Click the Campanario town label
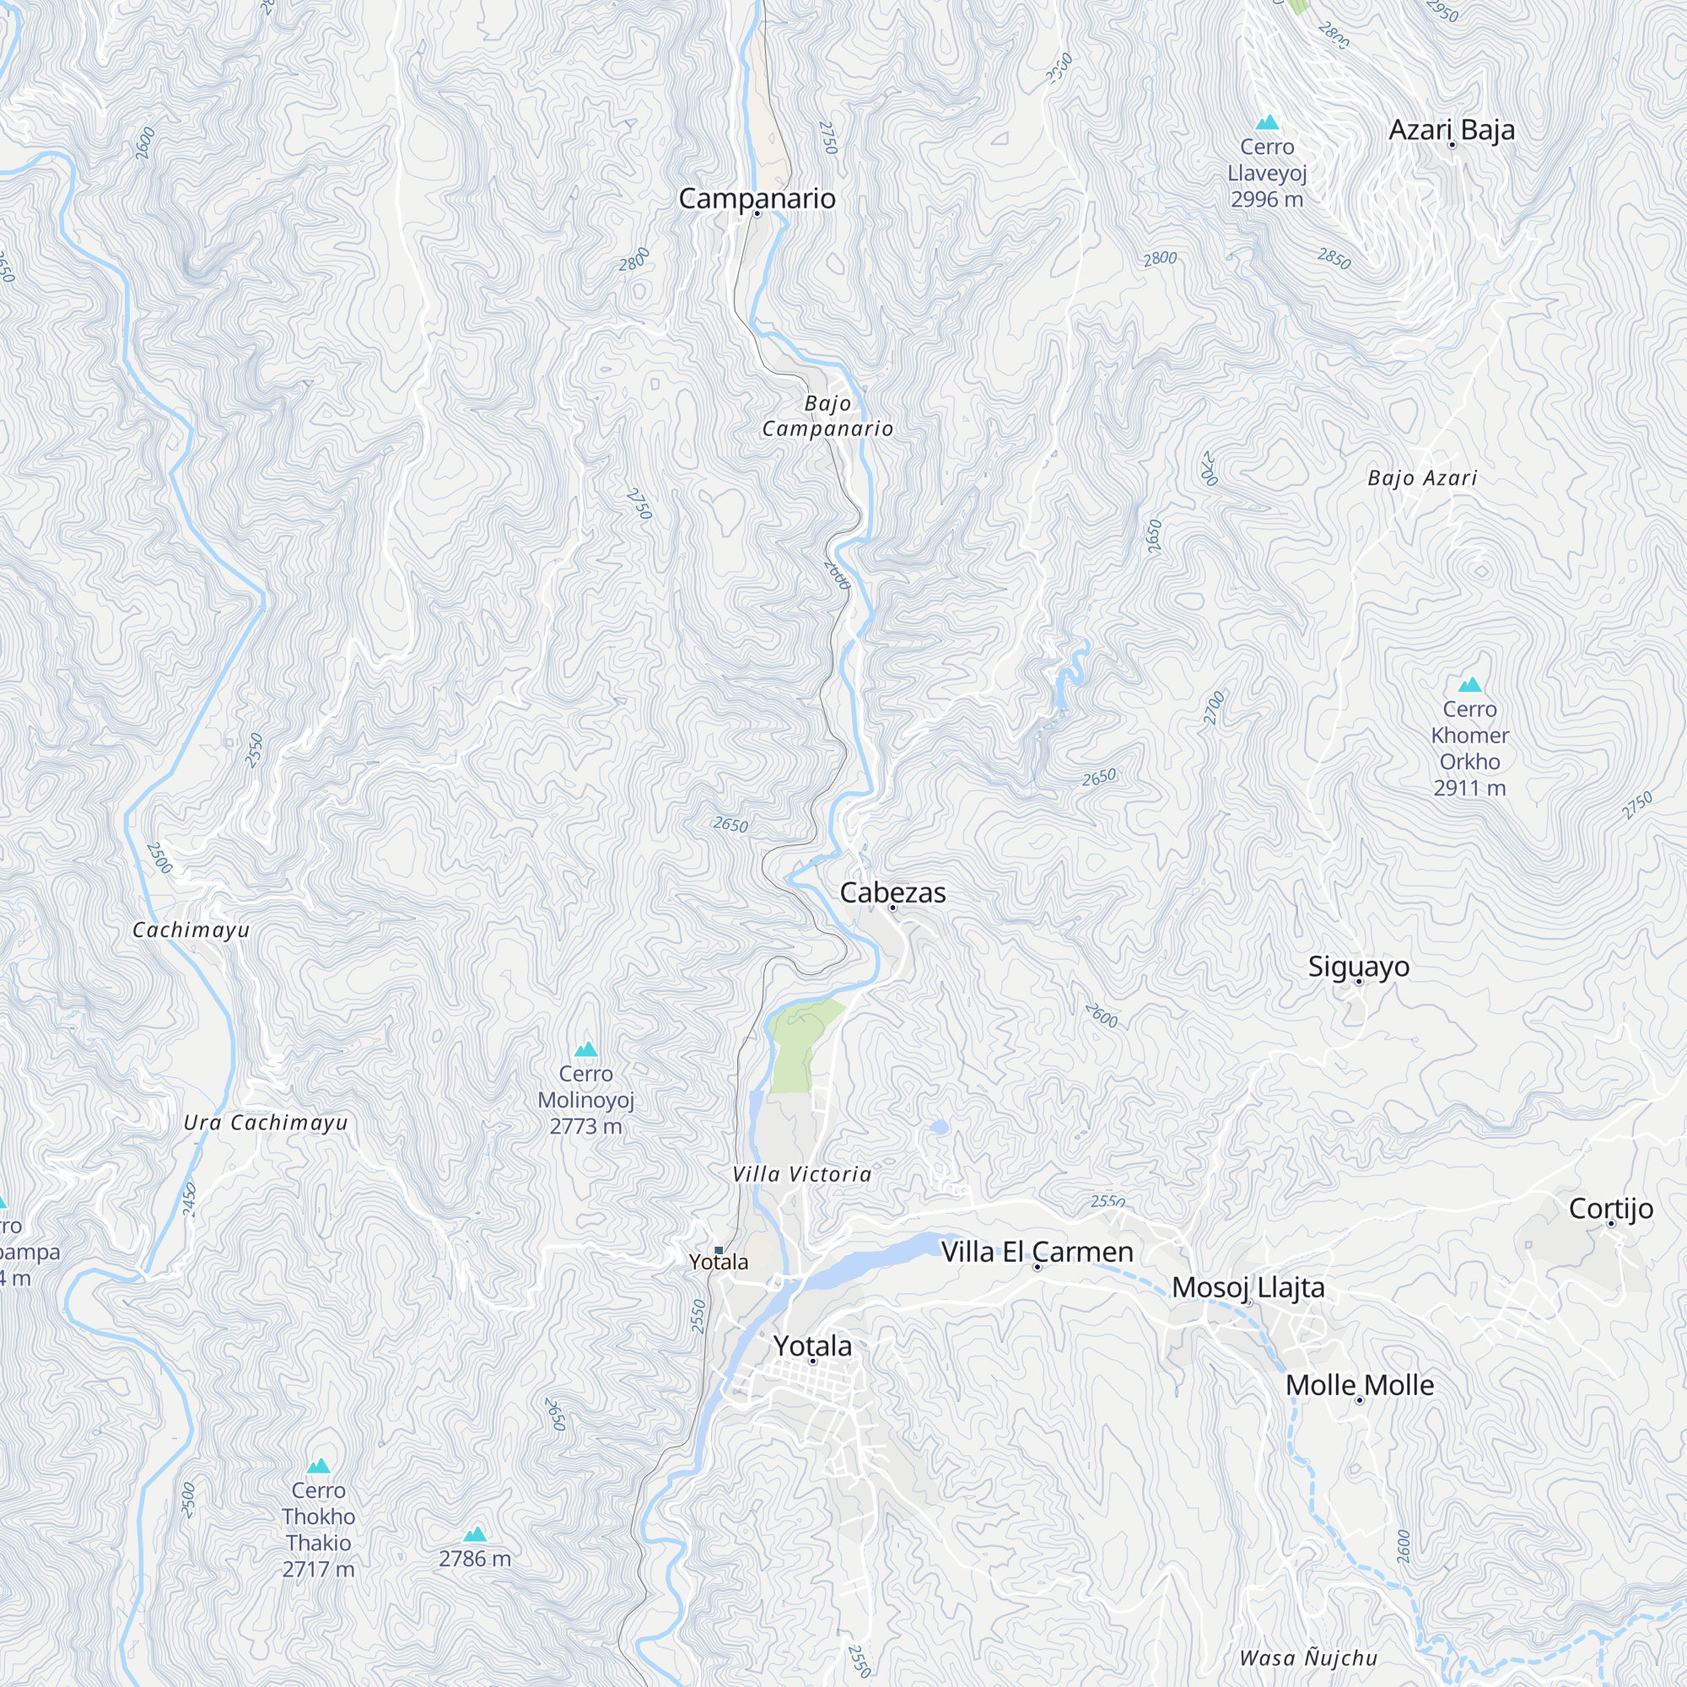point(757,199)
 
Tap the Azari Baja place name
point(1451,130)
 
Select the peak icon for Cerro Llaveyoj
point(1267,123)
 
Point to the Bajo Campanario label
point(827,416)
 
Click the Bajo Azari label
point(1422,477)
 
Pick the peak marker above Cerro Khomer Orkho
point(1469,685)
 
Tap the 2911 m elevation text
point(1469,788)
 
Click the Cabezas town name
point(892,892)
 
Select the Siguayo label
point(1359,967)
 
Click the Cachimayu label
point(191,930)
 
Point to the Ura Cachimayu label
point(266,1123)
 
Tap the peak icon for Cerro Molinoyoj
point(586,1048)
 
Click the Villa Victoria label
point(801,1174)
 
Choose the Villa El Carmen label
point(1038,1252)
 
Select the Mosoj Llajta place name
point(1248,1287)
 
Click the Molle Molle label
point(1360,1385)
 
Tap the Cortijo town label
point(1611,1209)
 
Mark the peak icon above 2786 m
point(475,1534)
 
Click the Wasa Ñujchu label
point(1308,1658)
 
